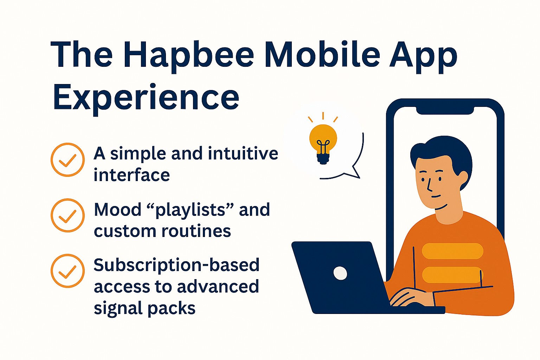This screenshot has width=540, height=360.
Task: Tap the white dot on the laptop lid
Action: [340, 273]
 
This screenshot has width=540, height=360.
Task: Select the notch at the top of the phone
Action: [445, 110]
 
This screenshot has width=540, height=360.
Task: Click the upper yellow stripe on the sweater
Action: [452, 251]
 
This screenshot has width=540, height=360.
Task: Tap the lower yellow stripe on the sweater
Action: [452, 275]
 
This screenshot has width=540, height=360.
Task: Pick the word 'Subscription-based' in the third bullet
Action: [176, 265]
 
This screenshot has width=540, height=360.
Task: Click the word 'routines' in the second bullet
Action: [196, 231]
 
